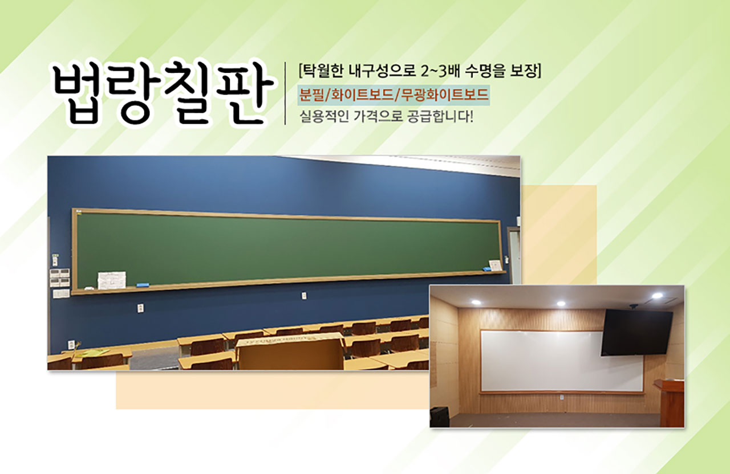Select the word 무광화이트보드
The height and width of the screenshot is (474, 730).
pos(444,95)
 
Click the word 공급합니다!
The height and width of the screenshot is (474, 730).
pos(440,117)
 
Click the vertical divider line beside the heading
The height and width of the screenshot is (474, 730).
pos(286,93)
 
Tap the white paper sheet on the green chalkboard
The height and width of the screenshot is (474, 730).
pos(112,280)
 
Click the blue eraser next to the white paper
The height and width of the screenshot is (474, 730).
pos(143,285)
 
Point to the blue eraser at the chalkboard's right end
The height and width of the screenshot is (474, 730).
pos(487,269)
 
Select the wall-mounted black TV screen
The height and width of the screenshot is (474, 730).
pos(636,332)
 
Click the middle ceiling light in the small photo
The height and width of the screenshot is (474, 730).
pos(561,304)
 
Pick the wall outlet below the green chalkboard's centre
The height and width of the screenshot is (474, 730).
pos(304,296)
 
